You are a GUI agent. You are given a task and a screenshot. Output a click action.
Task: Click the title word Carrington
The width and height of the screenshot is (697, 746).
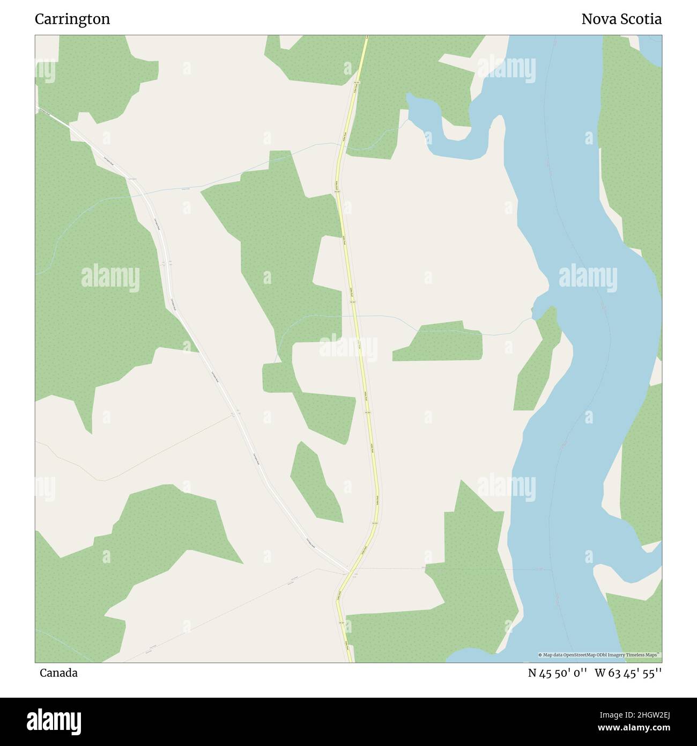coord(72,19)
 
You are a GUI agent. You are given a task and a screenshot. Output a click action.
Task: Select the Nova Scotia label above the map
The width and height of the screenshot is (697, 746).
coord(621,19)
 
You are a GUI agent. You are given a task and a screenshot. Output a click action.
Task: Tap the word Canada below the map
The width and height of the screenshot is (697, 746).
coord(58,673)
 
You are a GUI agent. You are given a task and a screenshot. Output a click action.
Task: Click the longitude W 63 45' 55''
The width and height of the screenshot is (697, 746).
coord(628,673)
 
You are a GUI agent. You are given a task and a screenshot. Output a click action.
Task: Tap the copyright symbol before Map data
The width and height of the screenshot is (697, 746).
coord(540,655)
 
